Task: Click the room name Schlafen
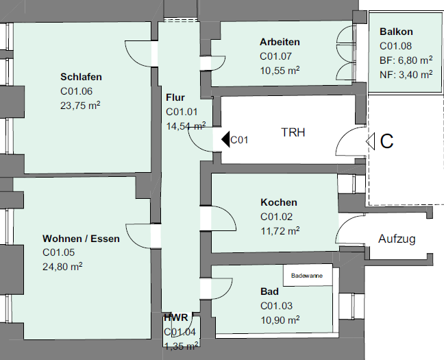point(81,76)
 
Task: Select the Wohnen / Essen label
point(81,239)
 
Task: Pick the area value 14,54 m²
point(186,126)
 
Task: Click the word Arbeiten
point(280,42)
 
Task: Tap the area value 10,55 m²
point(280,70)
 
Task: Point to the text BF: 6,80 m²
point(406,60)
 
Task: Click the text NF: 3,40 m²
point(406,74)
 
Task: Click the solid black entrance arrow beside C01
point(225,140)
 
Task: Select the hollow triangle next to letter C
point(370,141)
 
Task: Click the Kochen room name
point(279,202)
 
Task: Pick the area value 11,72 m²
point(280,231)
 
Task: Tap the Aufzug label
point(397,239)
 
